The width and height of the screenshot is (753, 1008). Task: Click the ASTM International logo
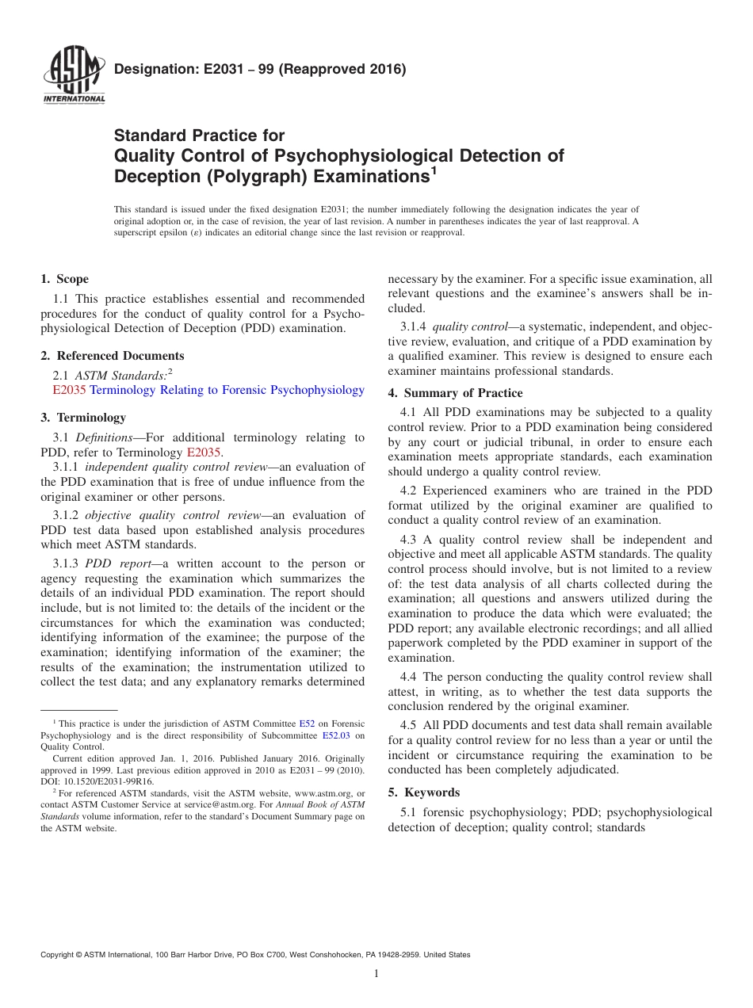[x=73, y=78]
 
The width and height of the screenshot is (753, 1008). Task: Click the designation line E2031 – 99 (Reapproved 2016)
[x=260, y=70]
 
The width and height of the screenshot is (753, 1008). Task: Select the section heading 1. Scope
[x=64, y=279]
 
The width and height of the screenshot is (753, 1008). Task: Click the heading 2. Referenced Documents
[x=112, y=356]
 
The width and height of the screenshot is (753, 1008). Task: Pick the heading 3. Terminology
[x=82, y=418]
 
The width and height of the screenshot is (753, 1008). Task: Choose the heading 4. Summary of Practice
[x=455, y=393]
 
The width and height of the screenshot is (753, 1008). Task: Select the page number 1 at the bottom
[x=376, y=974]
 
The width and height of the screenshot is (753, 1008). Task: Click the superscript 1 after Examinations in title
[x=434, y=170]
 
